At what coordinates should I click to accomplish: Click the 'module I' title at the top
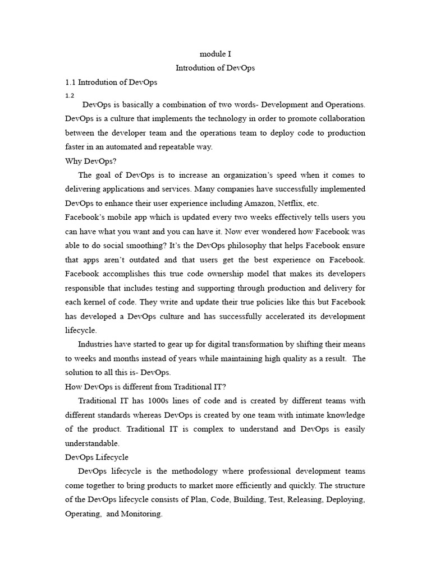pos(215,54)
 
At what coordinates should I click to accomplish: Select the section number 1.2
pos(70,95)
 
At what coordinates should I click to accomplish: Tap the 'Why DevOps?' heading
pos(90,160)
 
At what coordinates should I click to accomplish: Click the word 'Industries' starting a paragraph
pos(96,344)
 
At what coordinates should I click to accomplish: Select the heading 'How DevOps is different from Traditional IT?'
pos(145,386)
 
